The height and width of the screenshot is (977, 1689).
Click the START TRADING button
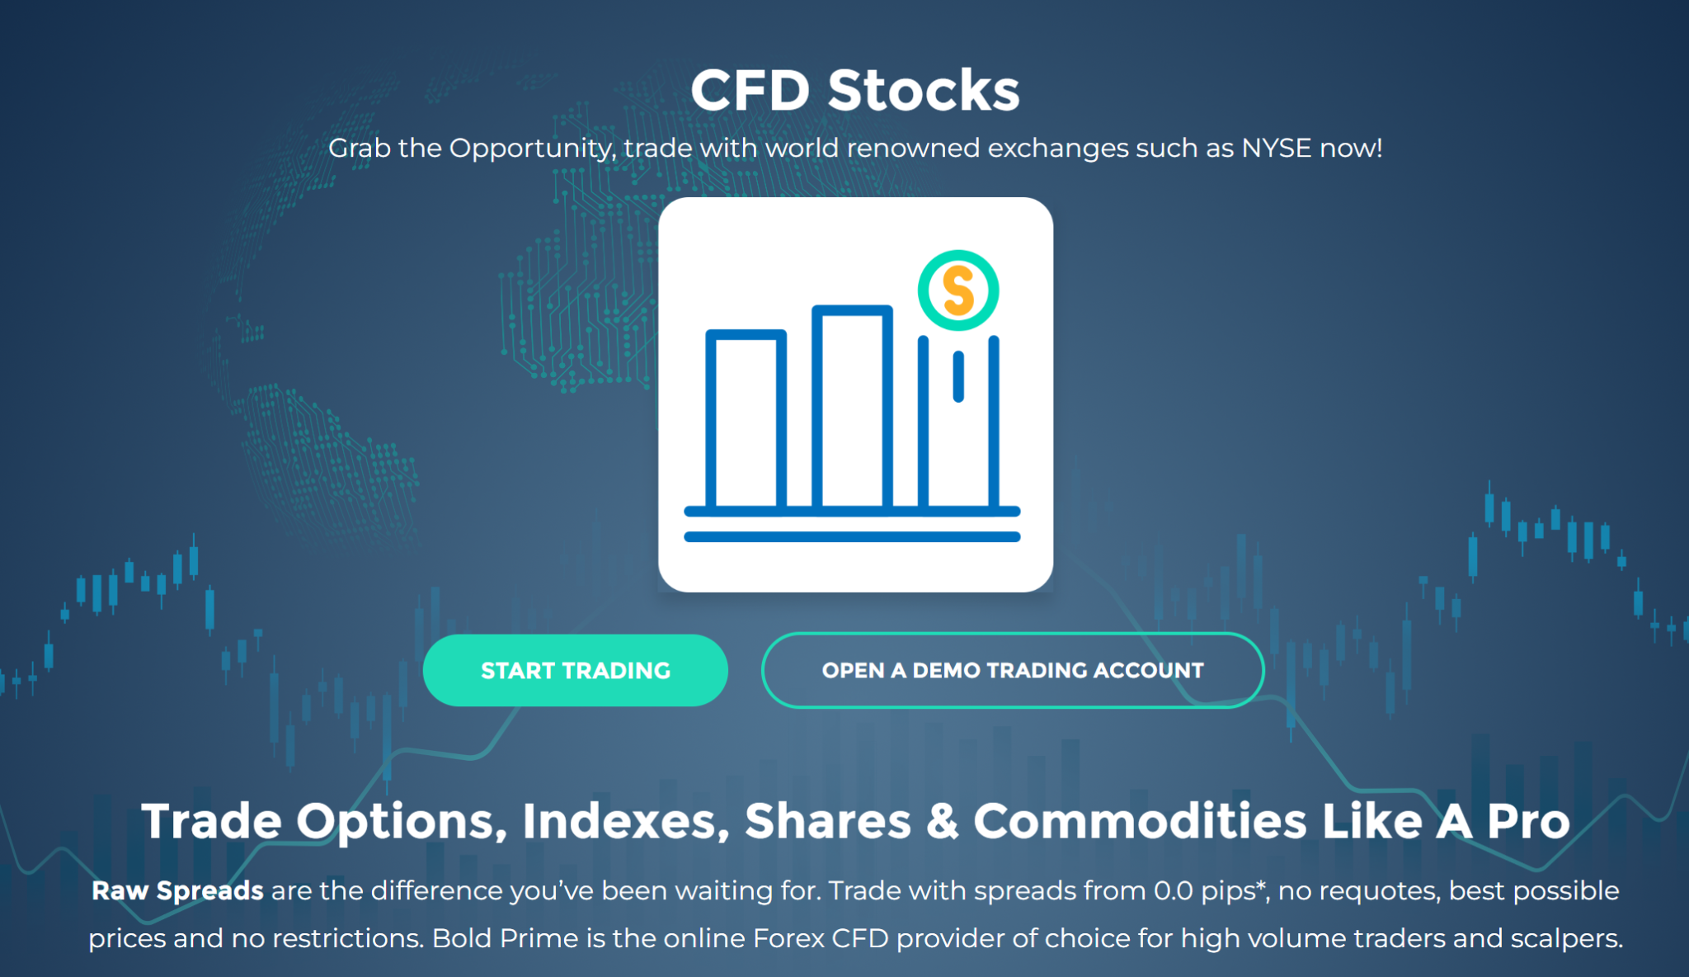pyautogui.click(x=575, y=670)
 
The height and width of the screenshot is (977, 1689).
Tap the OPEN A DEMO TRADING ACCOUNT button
pyautogui.click(x=1013, y=670)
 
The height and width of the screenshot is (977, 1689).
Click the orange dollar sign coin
pyautogui.click(x=958, y=290)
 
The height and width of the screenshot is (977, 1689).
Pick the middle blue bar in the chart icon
pyautogui.click(x=853, y=406)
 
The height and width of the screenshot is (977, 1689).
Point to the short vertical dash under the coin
pyautogui.click(x=958, y=377)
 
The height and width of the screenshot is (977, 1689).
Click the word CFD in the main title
pyautogui.click(x=750, y=90)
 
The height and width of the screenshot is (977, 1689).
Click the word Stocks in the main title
pyautogui.click(x=924, y=90)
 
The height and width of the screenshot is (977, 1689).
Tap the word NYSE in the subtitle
pyautogui.click(x=1277, y=148)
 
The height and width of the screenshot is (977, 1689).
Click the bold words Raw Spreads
pyautogui.click(x=177, y=891)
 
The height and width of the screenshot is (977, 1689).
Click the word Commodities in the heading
pyautogui.click(x=1141, y=821)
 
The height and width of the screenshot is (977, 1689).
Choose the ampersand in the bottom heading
pyautogui.click(x=943, y=822)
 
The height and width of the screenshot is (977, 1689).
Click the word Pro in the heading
pyautogui.click(x=1528, y=821)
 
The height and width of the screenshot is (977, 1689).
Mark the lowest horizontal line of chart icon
pyautogui.click(x=853, y=537)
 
